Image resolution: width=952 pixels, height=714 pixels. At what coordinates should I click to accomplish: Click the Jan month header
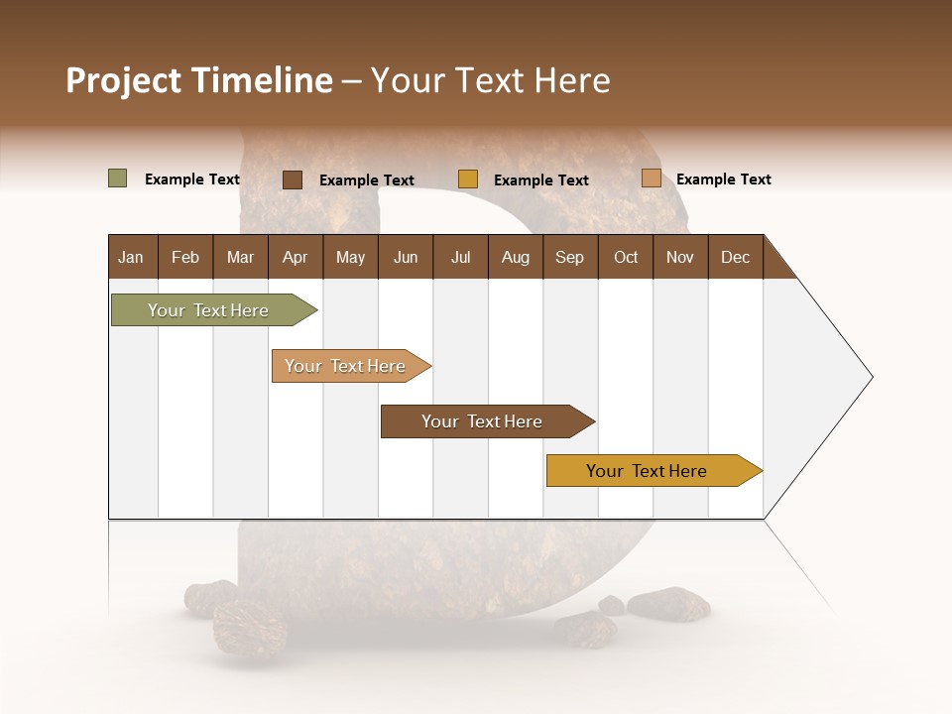(131, 257)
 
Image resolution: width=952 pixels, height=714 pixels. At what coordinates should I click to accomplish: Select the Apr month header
(295, 257)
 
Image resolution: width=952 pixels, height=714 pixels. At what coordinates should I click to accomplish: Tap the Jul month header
(460, 257)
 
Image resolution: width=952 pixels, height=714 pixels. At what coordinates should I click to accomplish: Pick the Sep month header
(569, 257)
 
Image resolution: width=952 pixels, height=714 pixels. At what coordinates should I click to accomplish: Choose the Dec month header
(735, 257)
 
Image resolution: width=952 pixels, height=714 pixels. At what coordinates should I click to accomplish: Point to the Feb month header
(185, 257)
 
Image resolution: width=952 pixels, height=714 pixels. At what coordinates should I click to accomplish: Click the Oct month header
(626, 257)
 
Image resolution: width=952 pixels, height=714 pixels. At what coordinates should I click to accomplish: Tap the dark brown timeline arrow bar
(483, 421)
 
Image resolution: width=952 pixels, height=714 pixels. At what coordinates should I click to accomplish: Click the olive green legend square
(117, 178)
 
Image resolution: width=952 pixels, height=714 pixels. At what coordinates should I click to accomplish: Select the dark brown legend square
(292, 179)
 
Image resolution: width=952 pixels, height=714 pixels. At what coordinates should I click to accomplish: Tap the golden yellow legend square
(468, 179)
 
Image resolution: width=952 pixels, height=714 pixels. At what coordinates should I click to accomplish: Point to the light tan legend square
(651, 178)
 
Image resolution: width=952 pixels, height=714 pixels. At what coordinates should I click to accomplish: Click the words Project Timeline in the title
(198, 80)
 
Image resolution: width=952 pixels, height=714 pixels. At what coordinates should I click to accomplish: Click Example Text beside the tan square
(723, 179)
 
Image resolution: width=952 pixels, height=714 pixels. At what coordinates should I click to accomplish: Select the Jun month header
(406, 257)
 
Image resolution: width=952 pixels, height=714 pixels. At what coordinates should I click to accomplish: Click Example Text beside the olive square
(191, 179)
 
